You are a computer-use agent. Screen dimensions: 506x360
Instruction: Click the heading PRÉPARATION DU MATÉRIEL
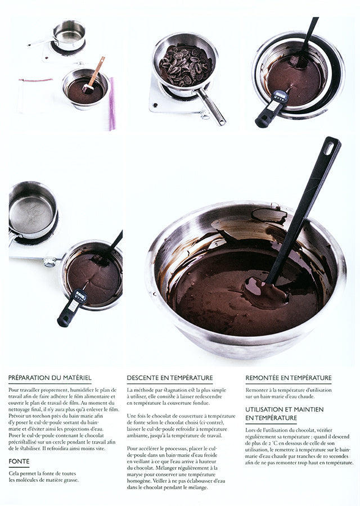point(49,378)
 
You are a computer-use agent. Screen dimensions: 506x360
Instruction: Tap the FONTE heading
point(19,461)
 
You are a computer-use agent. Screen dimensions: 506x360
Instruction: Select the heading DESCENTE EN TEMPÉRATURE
point(170,378)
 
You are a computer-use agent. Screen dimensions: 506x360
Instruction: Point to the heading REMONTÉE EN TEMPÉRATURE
point(289,378)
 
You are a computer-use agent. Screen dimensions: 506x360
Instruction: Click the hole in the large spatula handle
point(329,148)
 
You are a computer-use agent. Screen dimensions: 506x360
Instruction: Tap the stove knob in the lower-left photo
point(50,261)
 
